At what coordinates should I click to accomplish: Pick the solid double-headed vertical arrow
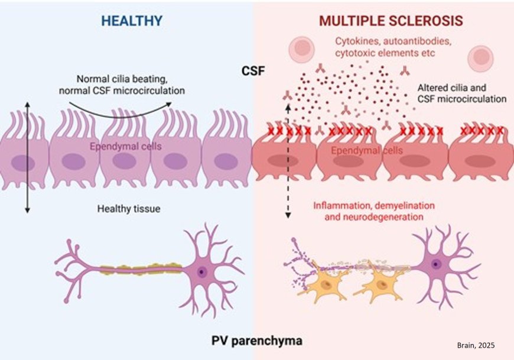pos(27,157)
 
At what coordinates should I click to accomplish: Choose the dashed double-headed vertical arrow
pos(288,160)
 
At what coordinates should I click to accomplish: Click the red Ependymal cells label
pos(367,151)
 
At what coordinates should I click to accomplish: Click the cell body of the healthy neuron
pos(201,271)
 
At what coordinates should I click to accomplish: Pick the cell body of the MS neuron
pos(435,264)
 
